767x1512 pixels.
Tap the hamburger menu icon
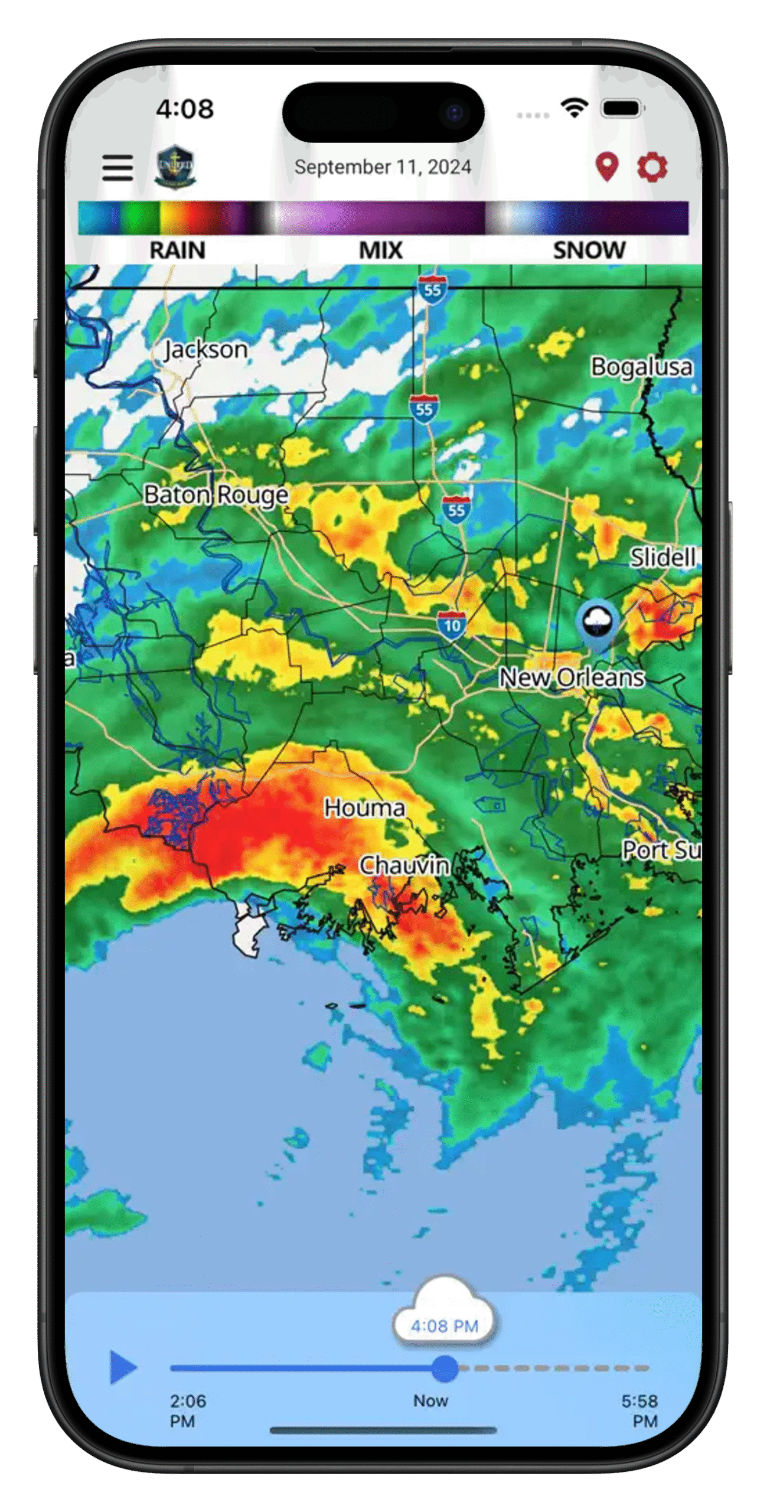coord(118,168)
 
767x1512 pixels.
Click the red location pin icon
coord(606,167)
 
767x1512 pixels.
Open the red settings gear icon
coord(652,167)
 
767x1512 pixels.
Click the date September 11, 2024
coord(383,167)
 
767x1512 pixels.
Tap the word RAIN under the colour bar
coord(177,250)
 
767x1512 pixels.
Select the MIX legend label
coord(381,250)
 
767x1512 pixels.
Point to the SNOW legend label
coord(589,250)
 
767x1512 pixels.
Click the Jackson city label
coord(205,350)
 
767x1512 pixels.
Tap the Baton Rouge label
coord(216,494)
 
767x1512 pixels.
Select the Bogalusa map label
coord(641,367)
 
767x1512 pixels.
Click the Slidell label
coord(662,557)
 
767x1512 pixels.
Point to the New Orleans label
coord(572,677)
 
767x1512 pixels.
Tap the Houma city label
coord(364,807)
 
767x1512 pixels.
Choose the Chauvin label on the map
coord(404,865)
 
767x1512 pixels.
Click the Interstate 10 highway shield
coord(452,625)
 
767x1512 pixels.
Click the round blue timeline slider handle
coord(445,1368)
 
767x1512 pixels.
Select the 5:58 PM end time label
coord(640,1410)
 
